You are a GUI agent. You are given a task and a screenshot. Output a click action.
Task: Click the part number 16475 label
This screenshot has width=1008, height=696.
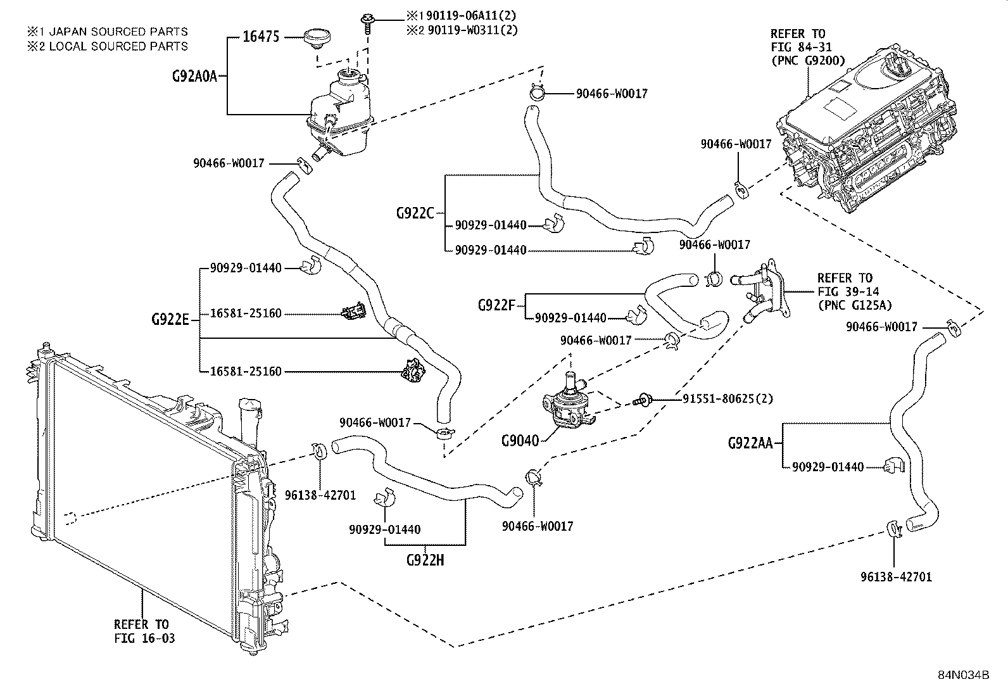point(261,37)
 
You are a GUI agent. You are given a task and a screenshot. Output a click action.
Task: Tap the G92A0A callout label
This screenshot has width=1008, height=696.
point(194,76)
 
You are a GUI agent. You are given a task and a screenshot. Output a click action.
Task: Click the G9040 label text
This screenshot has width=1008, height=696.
point(520,440)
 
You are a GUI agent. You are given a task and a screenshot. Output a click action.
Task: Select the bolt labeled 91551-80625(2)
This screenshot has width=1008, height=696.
point(641,400)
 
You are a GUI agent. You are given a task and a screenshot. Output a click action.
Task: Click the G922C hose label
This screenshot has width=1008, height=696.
point(415,213)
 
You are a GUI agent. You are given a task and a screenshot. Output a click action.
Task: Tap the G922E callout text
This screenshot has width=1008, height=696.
point(170,319)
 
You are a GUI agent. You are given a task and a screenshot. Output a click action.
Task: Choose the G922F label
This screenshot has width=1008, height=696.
point(497,305)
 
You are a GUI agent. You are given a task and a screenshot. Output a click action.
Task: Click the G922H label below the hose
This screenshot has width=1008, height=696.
point(425,560)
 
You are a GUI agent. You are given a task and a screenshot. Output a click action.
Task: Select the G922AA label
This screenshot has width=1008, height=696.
point(750,443)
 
